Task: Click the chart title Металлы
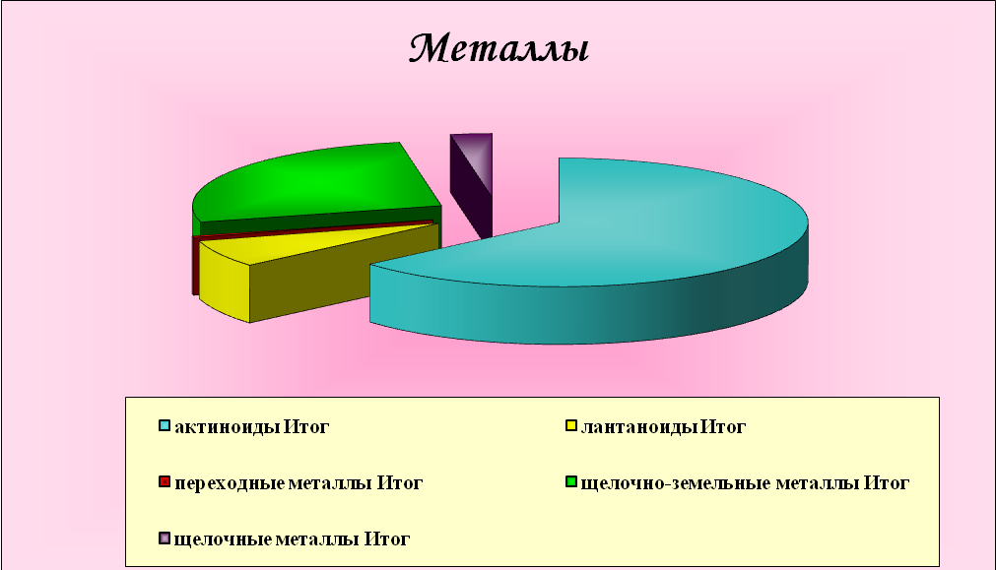498,48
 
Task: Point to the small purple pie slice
471,184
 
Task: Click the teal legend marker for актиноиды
165,426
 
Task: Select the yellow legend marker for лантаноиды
571,426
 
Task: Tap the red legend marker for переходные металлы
165,481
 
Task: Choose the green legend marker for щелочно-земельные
571,481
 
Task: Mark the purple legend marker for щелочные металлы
165,538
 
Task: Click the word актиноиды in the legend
227,427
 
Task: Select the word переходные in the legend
230,483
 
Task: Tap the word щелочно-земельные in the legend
676,483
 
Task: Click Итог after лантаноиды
723,427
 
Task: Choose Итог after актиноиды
306,427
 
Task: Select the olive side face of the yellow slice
343,280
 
